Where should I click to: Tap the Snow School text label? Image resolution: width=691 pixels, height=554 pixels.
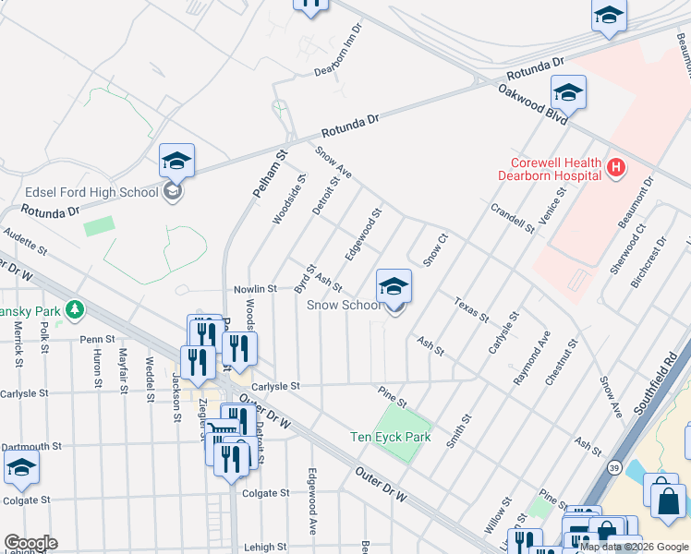343,305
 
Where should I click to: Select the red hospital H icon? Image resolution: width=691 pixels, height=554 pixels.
616,167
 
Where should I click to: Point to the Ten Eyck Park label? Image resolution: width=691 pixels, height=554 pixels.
391,437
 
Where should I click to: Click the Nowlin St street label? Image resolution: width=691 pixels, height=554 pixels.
254,289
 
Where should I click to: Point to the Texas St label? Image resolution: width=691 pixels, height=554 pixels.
470,309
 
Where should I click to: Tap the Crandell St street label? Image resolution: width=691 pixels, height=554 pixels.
513,218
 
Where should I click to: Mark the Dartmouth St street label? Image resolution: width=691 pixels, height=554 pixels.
31,445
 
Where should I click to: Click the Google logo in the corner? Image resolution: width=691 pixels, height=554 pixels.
30,543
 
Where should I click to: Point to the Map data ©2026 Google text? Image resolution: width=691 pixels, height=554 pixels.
634,547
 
